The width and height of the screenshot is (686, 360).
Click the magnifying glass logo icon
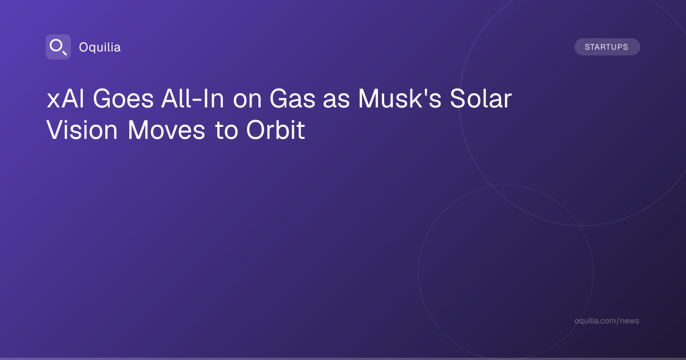click(x=58, y=47)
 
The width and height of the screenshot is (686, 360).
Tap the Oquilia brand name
click(x=100, y=47)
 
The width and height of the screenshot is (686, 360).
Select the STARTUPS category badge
click(x=607, y=47)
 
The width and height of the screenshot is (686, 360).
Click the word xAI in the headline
click(x=65, y=99)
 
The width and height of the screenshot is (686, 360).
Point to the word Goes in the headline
click(x=123, y=99)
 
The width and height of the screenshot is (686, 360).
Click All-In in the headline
click(x=193, y=98)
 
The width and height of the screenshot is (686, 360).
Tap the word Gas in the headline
click(x=292, y=99)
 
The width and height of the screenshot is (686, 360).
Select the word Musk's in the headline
click(x=400, y=98)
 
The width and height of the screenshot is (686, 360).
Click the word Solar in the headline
click(x=481, y=98)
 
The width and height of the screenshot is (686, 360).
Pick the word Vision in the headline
click(x=82, y=130)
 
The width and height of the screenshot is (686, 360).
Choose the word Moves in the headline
click(x=166, y=130)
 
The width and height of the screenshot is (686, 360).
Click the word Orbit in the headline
click(x=276, y=130)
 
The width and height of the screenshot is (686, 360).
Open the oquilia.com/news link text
click(x=607, y=321)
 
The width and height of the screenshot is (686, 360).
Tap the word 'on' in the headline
click(x=247, y=101)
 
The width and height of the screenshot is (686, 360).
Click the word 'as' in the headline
click(x=336, y=101)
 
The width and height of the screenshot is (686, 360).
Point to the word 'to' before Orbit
click(x=226, y=131)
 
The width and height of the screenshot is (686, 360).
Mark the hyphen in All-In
click(x=198, y=101)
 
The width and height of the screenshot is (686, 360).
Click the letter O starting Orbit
click(x=256, y=130)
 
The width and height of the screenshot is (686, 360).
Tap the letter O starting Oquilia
click(x=84, y=47)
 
